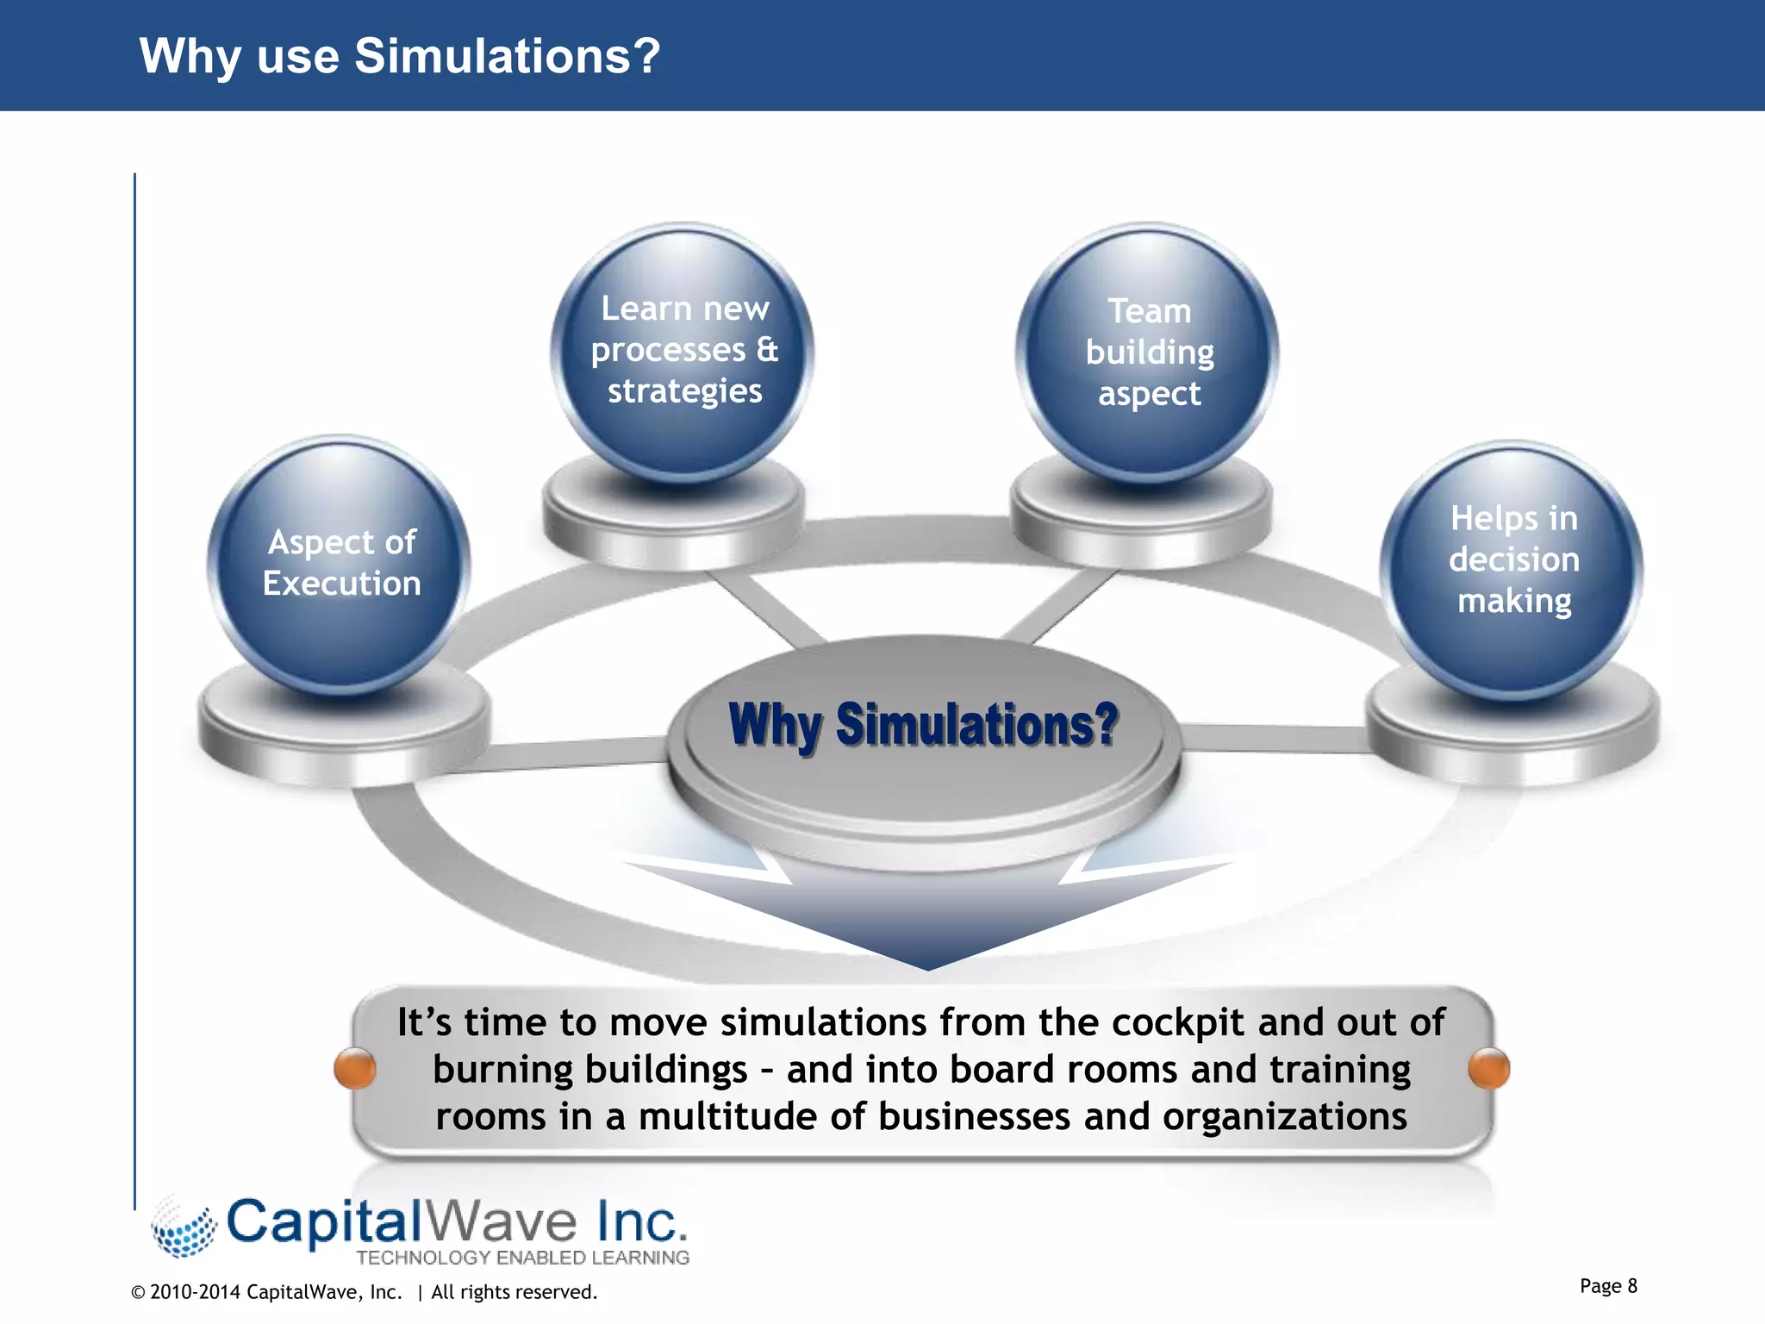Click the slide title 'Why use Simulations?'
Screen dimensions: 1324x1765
pos(399,56)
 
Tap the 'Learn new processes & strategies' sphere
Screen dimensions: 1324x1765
pos(683,352)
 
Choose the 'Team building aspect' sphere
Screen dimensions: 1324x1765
pos(1148,353)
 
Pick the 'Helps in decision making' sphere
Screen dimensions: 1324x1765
pos(1512,569)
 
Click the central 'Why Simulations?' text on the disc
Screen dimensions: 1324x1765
pos(922,725)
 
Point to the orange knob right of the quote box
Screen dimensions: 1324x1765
pos(1488,1069)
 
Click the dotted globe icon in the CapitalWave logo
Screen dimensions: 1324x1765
pos(183,1227)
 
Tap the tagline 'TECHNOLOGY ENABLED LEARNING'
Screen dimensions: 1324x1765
pos(522,1258)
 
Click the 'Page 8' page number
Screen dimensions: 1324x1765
pos(1608,1286)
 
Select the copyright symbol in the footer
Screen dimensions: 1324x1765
pos(138,1292)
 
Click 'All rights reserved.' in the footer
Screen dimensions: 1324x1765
pos(514,1292)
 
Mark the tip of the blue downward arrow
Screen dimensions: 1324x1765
pos(927,967)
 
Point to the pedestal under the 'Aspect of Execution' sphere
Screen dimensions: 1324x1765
pos(343,733)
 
